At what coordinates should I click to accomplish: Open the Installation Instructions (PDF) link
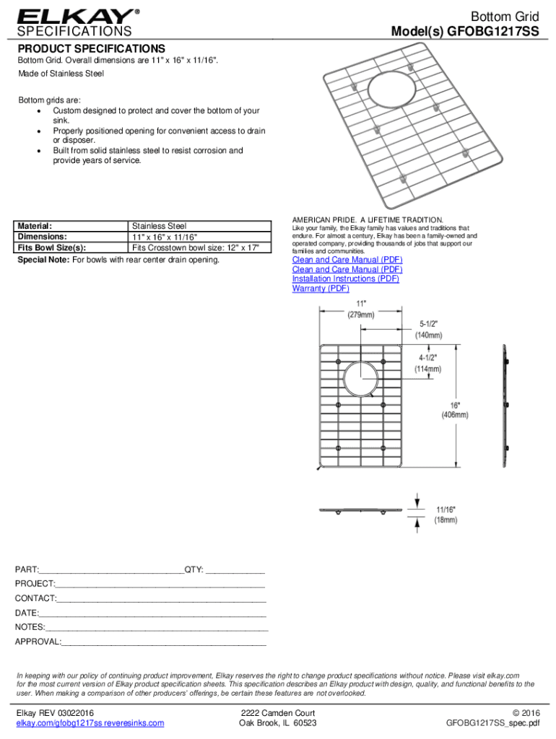pyautogui.click(x=345, y=279)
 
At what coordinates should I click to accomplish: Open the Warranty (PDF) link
pyautogui.click(x=321, y=289)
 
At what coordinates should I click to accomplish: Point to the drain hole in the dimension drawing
pyautogui.click(x=359, y=377)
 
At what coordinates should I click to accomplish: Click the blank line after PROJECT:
pyautogui.click(x=160, y=584)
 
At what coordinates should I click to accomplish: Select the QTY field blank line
pyautogui.click(x=235, y=569)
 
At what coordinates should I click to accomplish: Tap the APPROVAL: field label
pyautogui.click(x=38, y=642)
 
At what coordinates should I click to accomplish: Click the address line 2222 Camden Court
pyautogui.click(x=278, y=713)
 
